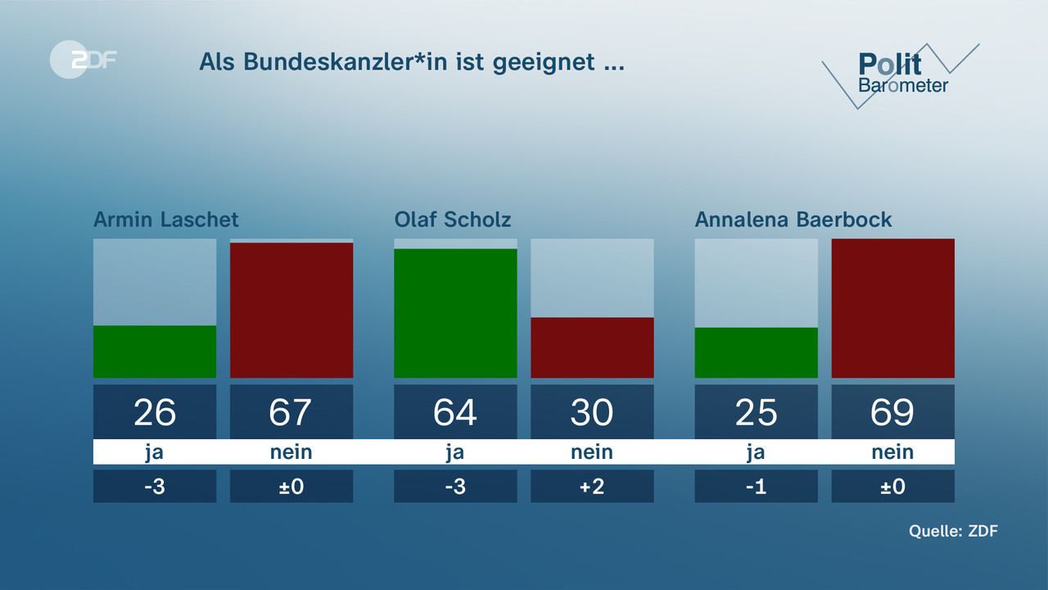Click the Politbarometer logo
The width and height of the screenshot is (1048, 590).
[x=901, y=74]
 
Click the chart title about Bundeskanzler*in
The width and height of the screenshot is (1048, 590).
[x=412, y=62]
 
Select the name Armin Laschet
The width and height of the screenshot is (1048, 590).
[x=166, y=220]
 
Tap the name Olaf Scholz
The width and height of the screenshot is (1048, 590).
[x=453, y=220]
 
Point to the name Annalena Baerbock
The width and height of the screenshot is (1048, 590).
[x=793, y=220]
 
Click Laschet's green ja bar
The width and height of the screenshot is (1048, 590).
[x=155, y=352]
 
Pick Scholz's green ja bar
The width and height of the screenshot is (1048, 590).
[x=455, y=313]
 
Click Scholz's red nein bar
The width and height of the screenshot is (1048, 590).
[x=592, y=347]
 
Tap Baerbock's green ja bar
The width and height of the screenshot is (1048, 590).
[x=756, y=352]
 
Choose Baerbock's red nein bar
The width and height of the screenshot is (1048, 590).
[x=892, y=308]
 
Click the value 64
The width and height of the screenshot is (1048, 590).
[x=455, y=412]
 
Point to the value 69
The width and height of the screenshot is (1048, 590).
[x=892, y=412]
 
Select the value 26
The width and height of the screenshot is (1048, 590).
[x=155, y=412]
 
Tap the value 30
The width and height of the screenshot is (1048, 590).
[x=592, y=412]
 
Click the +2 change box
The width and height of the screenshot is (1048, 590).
[x=592, y=486]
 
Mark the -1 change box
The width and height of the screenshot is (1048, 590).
[x=756, y=486]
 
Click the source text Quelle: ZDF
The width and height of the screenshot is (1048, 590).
[x=953, y=531]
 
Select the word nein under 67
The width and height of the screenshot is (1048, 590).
[x=291, y=452]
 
